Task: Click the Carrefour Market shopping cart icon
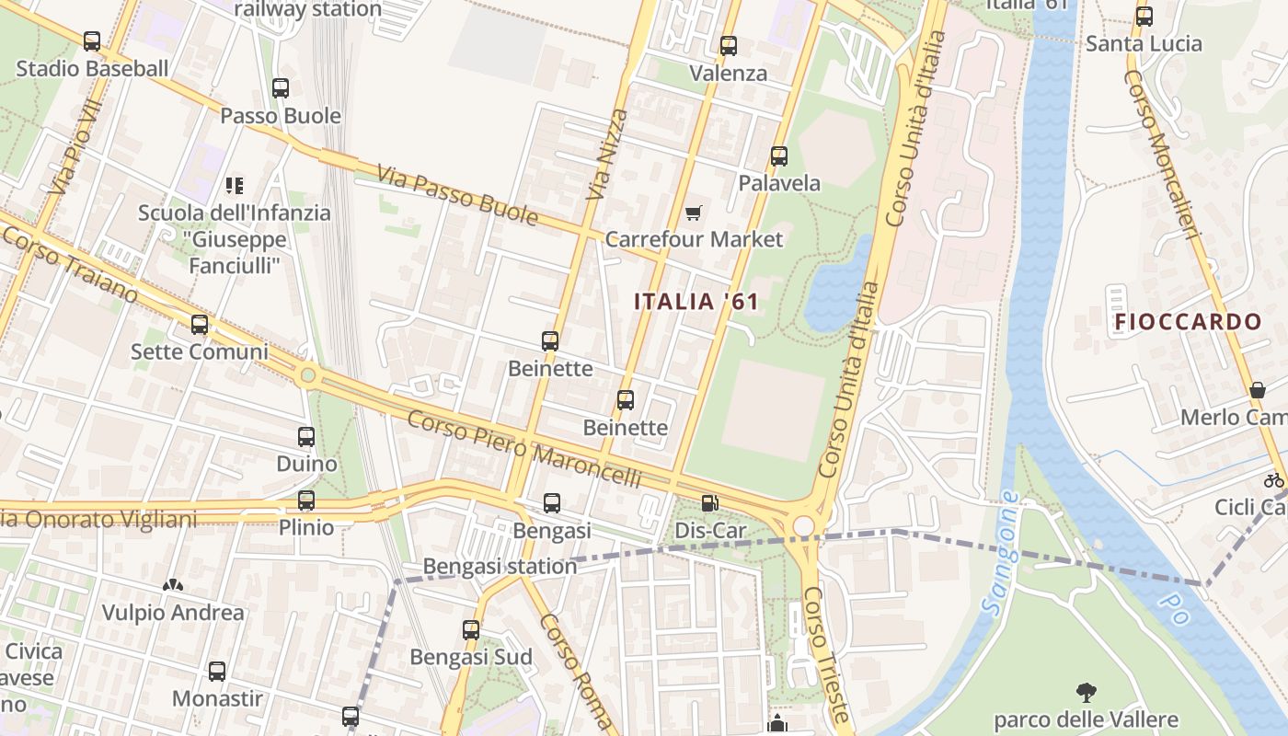693,213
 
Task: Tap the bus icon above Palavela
779,156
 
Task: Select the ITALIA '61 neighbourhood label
696,301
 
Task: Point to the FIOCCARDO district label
1188,322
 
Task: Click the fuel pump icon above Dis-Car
709,503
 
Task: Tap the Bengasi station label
500,566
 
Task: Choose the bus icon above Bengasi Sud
471,630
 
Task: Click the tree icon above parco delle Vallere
1086,692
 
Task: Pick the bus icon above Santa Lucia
1144,17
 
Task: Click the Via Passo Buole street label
457,195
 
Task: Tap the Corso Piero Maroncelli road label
523,450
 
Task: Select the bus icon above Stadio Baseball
92,41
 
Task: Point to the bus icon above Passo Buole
281,88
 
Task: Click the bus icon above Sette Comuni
200,325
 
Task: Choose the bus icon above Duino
306,437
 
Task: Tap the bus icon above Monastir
217,672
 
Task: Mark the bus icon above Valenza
729,46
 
